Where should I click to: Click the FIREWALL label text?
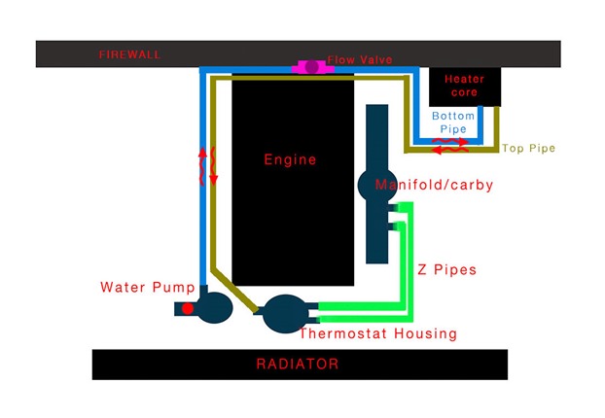[129, 54]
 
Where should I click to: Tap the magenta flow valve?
[312, 67]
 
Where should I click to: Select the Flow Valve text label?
[360, 59]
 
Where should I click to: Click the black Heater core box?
[465, 87]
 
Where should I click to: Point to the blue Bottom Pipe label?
[453, 122]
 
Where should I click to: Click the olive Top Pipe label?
[528, 148]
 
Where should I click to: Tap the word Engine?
[290, 159]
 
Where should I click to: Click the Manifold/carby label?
[434, 185]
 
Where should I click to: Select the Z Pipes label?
[446, 269]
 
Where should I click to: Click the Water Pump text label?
[148, 288]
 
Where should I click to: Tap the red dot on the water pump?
[188, 308]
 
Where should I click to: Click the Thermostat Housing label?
[378, 333]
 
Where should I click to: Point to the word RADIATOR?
[298, 364]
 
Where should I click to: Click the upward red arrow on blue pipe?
[202, 167]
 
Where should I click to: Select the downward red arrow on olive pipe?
[213, 166]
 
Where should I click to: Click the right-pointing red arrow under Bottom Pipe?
[450, 141]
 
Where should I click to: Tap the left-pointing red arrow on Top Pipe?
[450, 150]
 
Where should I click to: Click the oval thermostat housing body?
[286, 314]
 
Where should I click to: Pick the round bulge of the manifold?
[377, 185]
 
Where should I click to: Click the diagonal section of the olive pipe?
[234, 290]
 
